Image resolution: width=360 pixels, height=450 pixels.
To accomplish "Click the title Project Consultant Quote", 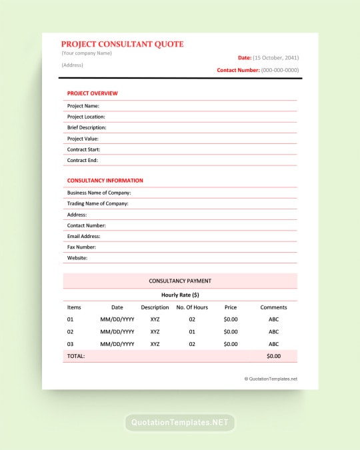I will [x=122, y=44].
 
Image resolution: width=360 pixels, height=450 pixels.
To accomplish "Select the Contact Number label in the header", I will [x=238, y=70].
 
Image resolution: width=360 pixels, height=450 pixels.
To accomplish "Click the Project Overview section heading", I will [x=92, y=93].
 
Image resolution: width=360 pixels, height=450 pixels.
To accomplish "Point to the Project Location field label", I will [x=86, y=117].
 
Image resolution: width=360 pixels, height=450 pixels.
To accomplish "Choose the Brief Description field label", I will [x=87, y=127].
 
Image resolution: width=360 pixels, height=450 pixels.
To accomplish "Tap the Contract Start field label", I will [x=83, y=149].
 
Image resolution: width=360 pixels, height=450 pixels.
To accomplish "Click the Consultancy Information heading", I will [x=105, y=181].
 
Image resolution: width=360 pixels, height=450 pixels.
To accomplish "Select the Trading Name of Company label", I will [x=97, y=203].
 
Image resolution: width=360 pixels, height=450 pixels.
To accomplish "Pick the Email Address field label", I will [x=83, y=236].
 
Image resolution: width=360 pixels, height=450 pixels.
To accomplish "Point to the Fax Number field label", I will [x=81, y=247].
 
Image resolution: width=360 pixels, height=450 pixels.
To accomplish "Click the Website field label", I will [x=77, y=258].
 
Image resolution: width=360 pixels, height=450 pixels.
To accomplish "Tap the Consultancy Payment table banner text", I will [x=180, y=281].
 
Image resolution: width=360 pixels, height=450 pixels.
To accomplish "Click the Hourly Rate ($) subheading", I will [x=180, y=295].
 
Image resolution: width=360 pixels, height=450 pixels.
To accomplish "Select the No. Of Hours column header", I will [x=192, y=307].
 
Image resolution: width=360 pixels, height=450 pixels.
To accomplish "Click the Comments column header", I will [x=273, y=307].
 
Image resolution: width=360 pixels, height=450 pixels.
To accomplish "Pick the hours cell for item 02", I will [x=192, y=331].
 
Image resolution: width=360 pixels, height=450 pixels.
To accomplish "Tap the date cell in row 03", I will [x=117, y=344].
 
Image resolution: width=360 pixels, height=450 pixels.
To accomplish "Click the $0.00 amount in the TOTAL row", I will [x=273, y=356].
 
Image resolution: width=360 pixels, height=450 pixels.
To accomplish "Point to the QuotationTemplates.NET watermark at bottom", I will [x=180, y=423].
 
